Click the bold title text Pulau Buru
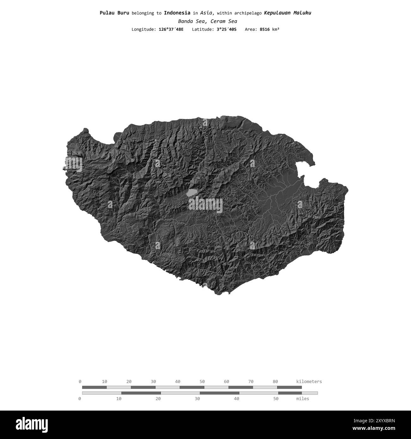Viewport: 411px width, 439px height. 114,13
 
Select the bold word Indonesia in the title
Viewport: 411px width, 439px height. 177,13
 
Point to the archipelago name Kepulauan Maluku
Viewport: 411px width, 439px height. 287,13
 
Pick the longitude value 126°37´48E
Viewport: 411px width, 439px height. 171,29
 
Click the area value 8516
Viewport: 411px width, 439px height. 265,29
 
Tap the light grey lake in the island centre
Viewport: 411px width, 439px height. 192,192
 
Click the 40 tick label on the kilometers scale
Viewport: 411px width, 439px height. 178,382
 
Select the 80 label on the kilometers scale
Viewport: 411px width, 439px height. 275,382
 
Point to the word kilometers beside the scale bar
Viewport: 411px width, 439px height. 309,382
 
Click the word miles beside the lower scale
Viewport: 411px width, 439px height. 303,399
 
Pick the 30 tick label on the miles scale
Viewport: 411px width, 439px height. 197,399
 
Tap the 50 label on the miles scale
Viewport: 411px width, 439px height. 276,399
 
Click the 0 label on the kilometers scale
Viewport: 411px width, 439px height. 80,382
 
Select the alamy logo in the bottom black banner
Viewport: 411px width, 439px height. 32,424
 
